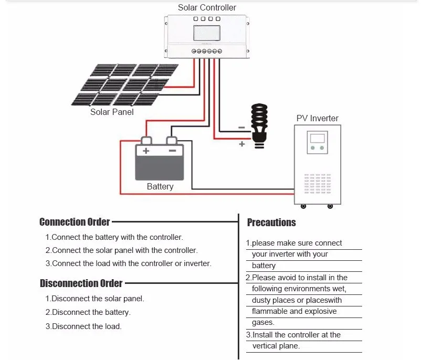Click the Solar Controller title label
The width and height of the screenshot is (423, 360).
207,7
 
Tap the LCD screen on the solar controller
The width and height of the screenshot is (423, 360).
207,33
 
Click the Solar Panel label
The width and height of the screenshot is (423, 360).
112,112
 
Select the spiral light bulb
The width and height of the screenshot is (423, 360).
259,126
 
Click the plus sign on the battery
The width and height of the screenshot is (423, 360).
146,151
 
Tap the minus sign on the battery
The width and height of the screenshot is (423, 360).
172,151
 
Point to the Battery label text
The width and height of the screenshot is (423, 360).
160,186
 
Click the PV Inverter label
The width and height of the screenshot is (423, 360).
317,118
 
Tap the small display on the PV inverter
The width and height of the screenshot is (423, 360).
318,139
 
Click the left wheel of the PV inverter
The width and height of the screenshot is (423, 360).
303,206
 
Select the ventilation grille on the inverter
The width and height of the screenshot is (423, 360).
318,184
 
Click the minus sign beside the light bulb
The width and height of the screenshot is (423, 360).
242,128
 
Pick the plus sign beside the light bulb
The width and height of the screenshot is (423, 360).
242,144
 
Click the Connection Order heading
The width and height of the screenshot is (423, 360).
75,222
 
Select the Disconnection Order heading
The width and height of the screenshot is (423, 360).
81,283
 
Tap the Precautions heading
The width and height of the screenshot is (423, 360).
271,223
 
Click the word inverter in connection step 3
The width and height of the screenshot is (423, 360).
197,263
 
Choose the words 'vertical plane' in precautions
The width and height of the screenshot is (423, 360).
276,346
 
